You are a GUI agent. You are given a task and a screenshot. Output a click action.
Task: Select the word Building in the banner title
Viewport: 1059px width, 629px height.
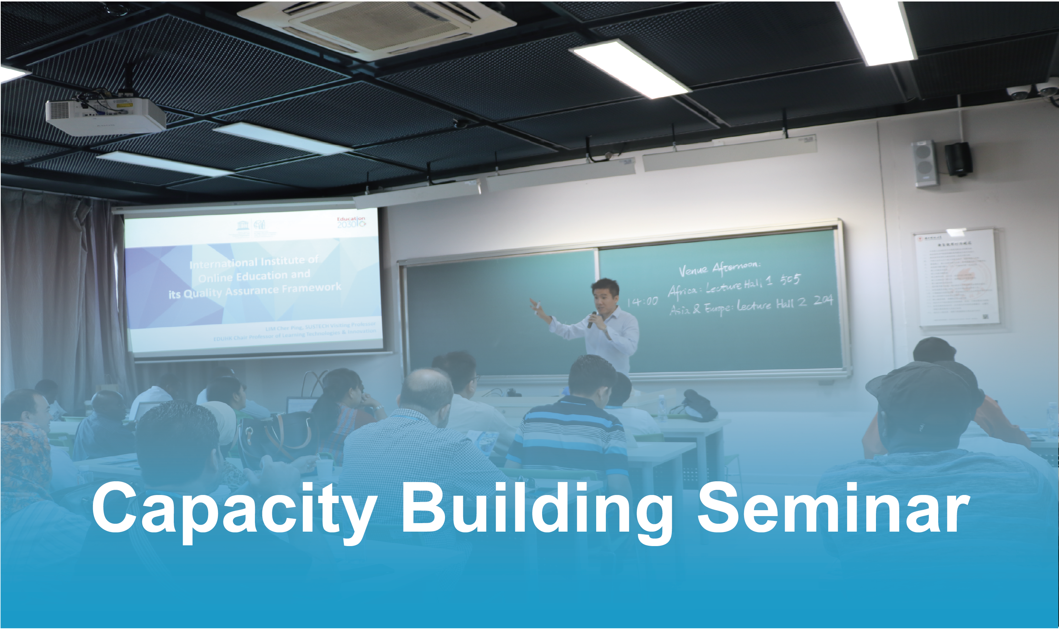[536, 509]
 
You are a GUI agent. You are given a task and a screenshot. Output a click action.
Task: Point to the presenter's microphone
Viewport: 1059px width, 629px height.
[592, 319]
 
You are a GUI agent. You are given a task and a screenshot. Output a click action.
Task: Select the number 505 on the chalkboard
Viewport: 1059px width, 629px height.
[790, 280]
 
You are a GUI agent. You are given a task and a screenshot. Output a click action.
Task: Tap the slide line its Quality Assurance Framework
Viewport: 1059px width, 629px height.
[255, 291]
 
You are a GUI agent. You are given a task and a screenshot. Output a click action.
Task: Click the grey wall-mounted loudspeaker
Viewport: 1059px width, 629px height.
[925, 164]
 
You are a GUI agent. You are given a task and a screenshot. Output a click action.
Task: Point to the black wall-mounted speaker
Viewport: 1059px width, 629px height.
[958, 159]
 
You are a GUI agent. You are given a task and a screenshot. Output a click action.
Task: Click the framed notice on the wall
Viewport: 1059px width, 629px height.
[957, 278]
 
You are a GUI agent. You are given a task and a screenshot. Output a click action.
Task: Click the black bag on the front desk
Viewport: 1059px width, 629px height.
[698, 407]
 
